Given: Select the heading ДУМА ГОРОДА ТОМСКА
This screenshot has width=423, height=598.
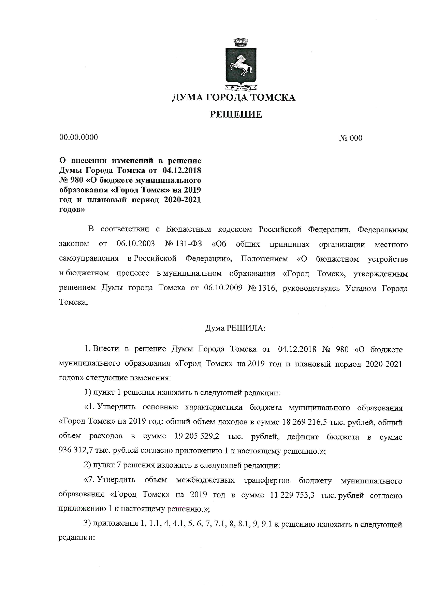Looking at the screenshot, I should click(x=233, y=98).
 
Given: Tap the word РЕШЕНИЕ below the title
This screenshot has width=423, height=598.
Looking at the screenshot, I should click(x=235, y=115).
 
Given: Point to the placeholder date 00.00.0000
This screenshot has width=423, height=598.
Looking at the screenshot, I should click(x=78, y=137).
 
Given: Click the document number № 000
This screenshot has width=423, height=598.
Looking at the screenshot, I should click(x=351, y=138).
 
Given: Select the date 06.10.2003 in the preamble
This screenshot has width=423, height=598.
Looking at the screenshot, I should click(x=135, y=244).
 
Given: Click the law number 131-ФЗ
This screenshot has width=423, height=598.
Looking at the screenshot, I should click(x=188, y=244).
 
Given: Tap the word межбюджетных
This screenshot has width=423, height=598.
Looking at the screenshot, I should click(x=205, y=480).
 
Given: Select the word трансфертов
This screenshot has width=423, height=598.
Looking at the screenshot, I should click(x=267, y=480).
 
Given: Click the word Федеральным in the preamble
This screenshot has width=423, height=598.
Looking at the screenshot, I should click(x=382, y=229).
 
